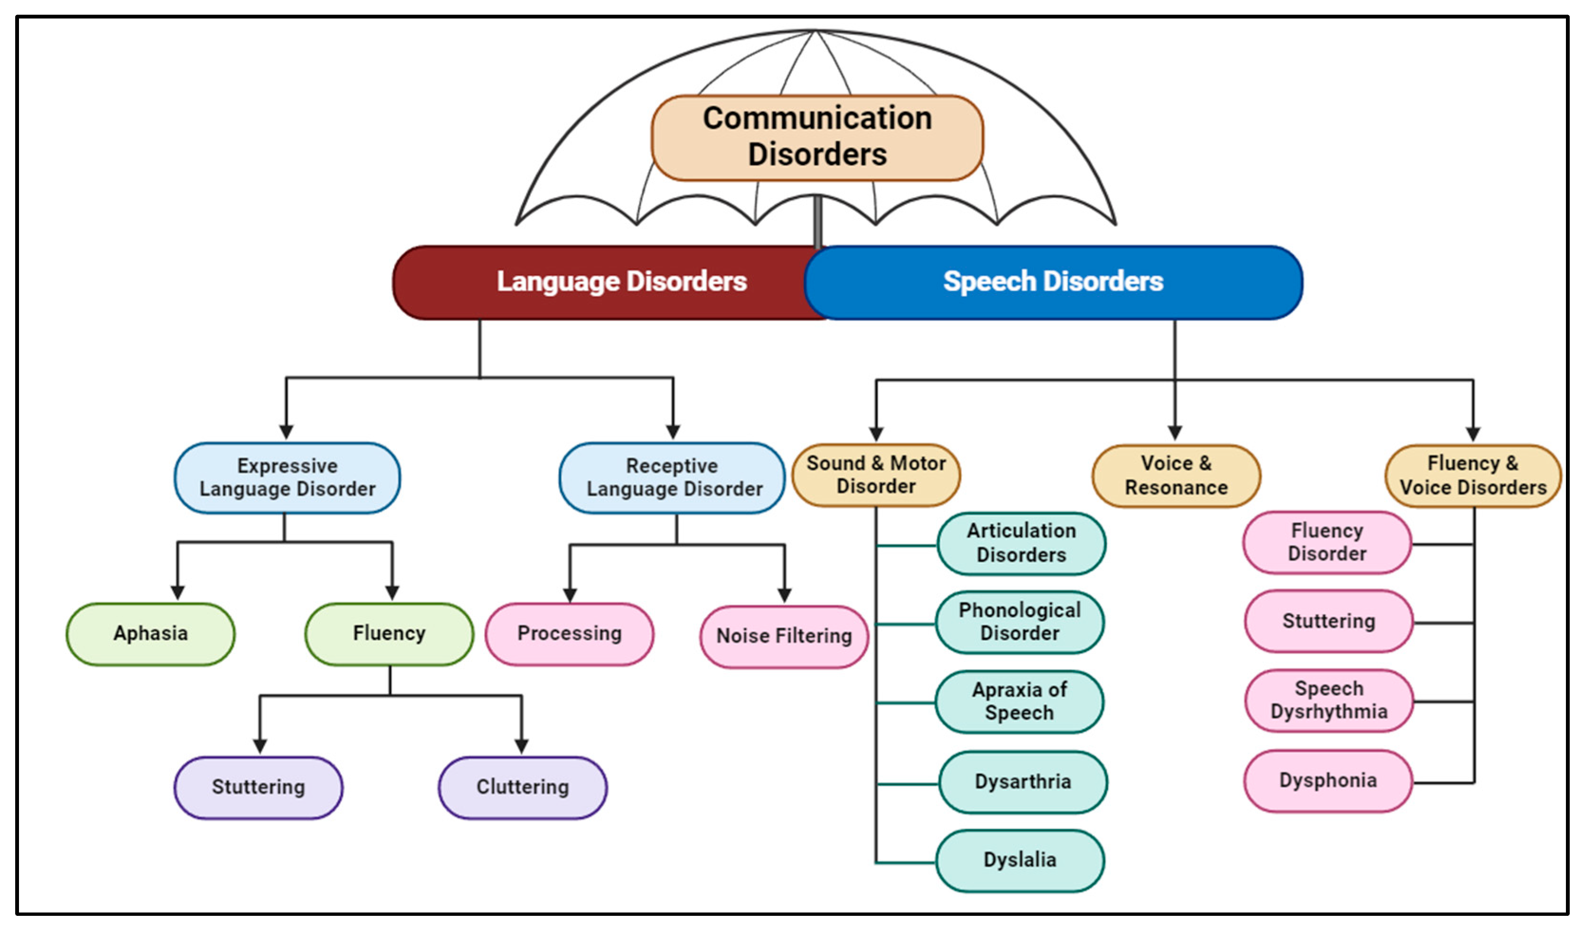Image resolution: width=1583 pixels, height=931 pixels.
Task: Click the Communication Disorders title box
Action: pyautogui.click(x=816, y=137)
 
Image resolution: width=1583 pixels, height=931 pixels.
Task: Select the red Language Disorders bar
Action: pyautogui.click(x=603, y=282)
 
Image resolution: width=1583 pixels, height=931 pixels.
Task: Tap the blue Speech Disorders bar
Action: pyautogui.click(x=1053, y=282)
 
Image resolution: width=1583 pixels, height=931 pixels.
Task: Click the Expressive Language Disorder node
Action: pyautogui.click(x=287, y=478)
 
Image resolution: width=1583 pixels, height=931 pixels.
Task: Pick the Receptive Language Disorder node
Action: pyautogui.click(x=672, y=478)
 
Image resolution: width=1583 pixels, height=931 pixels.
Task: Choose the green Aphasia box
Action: pyautogui.click(x=151, y=634)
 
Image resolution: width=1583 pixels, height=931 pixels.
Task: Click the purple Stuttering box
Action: pyautogui.click(x=258, y=787)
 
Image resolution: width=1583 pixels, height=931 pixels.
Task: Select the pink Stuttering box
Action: pyautogui.click(x=1328, y=621)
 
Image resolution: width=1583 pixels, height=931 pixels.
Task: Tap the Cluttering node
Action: pyautogui.click(x=522, y=787)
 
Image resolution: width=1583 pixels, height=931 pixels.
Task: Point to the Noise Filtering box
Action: pyautogui.click(x=784, y=636)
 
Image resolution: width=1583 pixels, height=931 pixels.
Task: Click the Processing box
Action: pyautogui.click(x=569, y=634)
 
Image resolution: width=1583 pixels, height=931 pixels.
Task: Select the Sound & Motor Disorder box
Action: pyautogui.click(x=876, y=475)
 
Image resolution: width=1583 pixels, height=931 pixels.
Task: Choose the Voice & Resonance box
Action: pyautogui.click(x=1175, y=475)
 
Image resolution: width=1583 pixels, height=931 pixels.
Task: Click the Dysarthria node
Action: pyautogui.click(x=1022, y=782)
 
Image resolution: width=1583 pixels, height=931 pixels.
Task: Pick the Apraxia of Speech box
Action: pyautogui.click(x=1019, y=701)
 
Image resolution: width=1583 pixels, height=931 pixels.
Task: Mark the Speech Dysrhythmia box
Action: pyautogui.click(x=1328, y=700)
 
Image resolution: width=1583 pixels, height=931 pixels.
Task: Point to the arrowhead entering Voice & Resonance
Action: pyautogui.click(x=1175, y=433)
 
